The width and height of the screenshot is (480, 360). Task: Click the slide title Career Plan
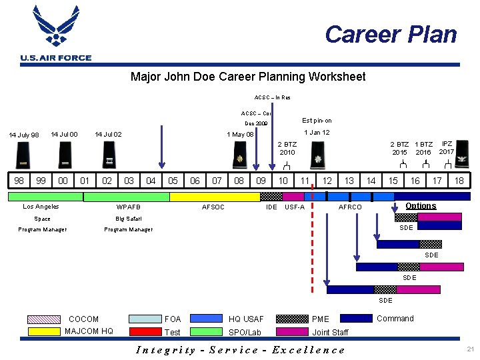tap(391, 34)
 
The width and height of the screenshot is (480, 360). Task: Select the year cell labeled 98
tap(19, 180)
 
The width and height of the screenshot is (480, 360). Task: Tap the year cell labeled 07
tap(217, 180)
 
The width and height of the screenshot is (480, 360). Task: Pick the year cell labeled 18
tap(459, 180)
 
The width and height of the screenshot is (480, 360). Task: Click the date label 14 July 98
tap(23, 135)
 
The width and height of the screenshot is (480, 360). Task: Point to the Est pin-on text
tap(317, 121)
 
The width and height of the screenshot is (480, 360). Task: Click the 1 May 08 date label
tap(240, 135)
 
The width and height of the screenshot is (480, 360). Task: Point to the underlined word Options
tap(421, 205)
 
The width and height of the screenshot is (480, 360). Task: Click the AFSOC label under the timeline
tap(213, 207)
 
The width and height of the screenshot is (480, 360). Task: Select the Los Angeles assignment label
tap(41, 207)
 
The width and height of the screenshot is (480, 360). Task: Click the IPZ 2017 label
tap(447, 147)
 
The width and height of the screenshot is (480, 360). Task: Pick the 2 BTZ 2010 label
tap(287, 148)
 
